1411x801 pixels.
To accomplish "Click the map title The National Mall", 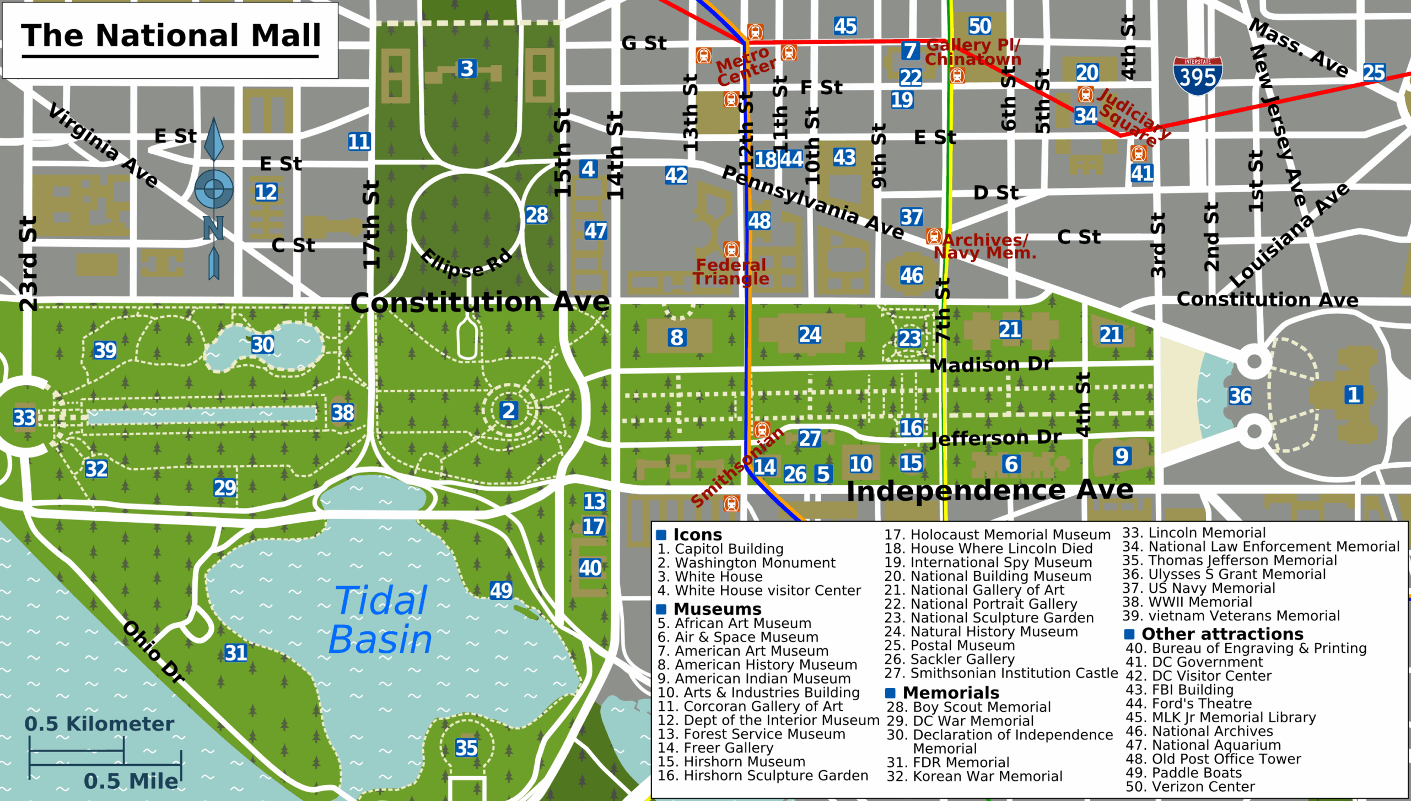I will point(171,36).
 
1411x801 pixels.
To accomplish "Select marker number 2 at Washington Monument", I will point(508,410).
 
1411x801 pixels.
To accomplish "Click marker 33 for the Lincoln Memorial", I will point(24,418).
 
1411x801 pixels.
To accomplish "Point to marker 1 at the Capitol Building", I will point(1354,394).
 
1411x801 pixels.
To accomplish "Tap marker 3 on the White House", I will point(467,69).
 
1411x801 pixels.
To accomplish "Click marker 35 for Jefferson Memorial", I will point(466,748).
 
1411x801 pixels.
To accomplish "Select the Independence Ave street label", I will point(989,490).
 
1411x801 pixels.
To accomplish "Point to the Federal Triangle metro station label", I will point(731,272).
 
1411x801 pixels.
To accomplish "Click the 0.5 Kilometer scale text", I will point(99,724).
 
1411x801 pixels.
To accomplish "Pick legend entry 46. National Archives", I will point(1199,731).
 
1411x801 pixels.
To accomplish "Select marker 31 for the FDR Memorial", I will point(236,653).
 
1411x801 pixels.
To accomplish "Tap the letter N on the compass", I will point(213,228).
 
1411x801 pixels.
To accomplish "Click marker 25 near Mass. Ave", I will point(1374,73).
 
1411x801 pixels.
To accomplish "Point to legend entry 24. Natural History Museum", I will point(981,631).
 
